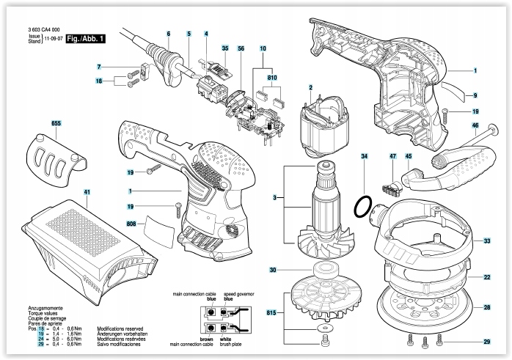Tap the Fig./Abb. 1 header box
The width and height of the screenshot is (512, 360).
click(x=84, y=38)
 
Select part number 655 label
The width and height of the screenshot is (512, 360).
click(x=56, y=124)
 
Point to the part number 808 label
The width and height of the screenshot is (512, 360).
click(x=132, y=222)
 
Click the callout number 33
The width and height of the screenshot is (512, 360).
click(x=487, y=240)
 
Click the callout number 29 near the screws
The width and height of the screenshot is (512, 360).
click(x=487, y=342)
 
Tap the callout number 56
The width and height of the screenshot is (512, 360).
click(x=241, y=48)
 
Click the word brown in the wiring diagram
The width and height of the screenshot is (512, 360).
click(x=207, y=340)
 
